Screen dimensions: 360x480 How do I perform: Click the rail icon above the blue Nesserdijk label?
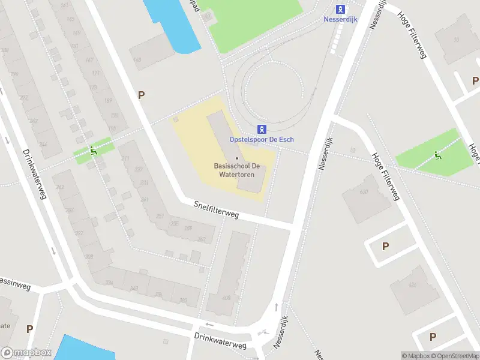(341, 9)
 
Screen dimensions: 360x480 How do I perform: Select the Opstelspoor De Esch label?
(262, 139)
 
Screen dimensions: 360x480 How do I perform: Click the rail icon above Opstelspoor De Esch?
(262, 128)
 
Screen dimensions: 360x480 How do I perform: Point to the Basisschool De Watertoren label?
(236, 170)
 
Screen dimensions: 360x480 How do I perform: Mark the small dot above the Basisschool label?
(236, 158)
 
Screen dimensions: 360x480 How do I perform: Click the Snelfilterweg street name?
(216, 209)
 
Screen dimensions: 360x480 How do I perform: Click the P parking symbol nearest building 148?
(142, 95)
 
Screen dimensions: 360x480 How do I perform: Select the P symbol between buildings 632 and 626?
(385, 246)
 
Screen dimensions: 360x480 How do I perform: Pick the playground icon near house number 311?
(93, 150)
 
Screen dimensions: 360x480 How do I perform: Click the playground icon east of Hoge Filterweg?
(438, 156)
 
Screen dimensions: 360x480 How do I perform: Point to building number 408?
(226, 298)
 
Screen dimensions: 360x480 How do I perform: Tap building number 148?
(137, 59)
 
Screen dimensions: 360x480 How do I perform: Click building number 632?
(364, 192)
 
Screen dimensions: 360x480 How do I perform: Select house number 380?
(182, 301)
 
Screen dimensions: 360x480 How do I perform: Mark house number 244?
(43, 145)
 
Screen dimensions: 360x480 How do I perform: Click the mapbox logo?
(26, 353)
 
